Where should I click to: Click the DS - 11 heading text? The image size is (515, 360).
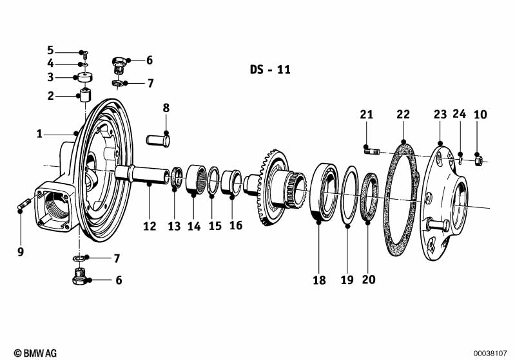(269, 70)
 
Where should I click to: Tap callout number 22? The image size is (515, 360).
(403, 115)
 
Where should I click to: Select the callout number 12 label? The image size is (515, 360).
(150, 226)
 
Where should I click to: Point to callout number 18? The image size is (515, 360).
(319, 280)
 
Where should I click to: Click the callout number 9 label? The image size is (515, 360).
(21, 251)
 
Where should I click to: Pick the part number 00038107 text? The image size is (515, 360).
(492, 353)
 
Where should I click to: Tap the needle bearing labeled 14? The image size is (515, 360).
(195, 180)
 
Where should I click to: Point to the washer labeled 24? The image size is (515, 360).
(462, 155)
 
